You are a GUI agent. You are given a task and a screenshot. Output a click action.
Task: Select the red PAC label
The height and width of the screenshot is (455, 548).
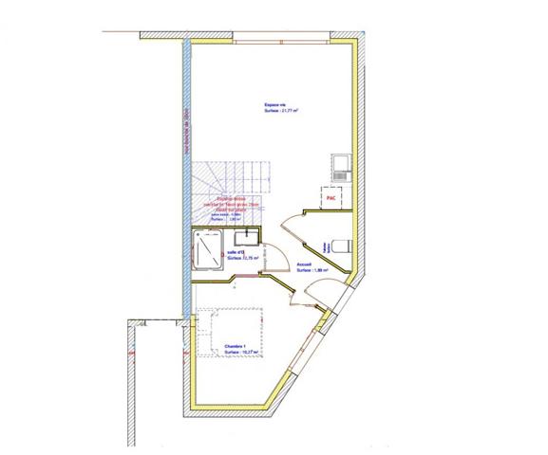(x=331, y=199)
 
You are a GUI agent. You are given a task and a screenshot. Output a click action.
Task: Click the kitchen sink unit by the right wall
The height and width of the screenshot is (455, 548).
(x=341, y=169)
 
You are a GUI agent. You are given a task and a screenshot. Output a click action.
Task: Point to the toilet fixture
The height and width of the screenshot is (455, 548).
(x=345, y=245)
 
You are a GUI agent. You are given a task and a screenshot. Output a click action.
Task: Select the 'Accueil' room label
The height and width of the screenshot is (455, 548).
(x=305, y=264)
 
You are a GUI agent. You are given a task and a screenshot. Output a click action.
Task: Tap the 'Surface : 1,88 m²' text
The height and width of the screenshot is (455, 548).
(x=312, y=270)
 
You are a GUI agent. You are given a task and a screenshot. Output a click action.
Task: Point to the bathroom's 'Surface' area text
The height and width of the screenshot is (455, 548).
(x=238, y=257)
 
